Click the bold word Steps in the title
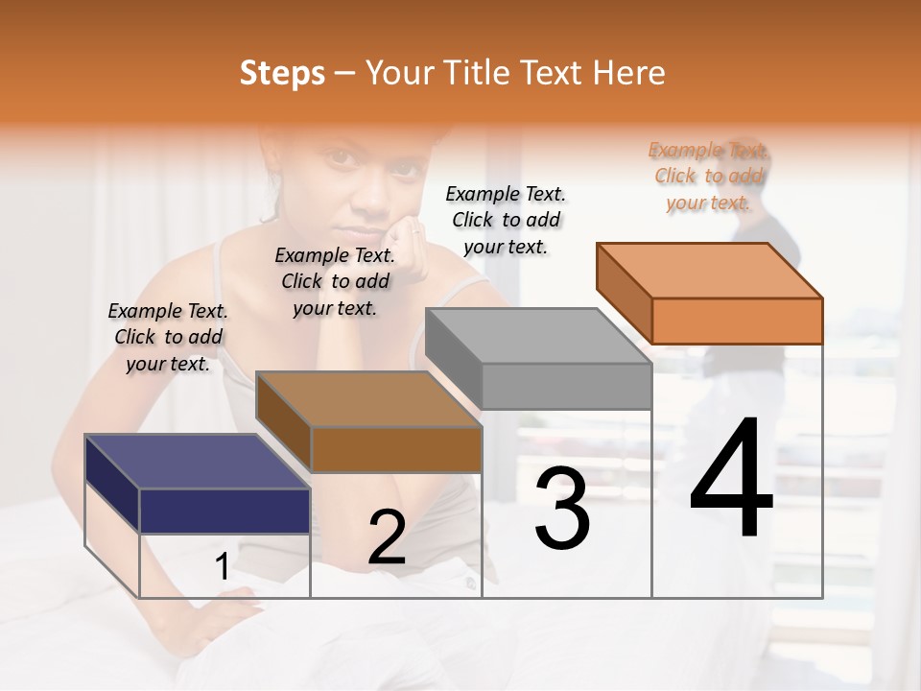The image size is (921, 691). pos(282,73)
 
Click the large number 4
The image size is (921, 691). pos(731,480)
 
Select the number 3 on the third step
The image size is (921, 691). pos(561,509)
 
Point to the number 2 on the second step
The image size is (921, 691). pos(387,537)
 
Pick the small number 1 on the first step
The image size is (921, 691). pos(222,567)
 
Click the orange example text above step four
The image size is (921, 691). pos(709,176)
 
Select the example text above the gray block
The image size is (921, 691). pos(506,220)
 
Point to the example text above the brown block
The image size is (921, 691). pos(335,281)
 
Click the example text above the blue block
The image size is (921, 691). pos(168,337)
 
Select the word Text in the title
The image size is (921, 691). pos(554,73)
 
